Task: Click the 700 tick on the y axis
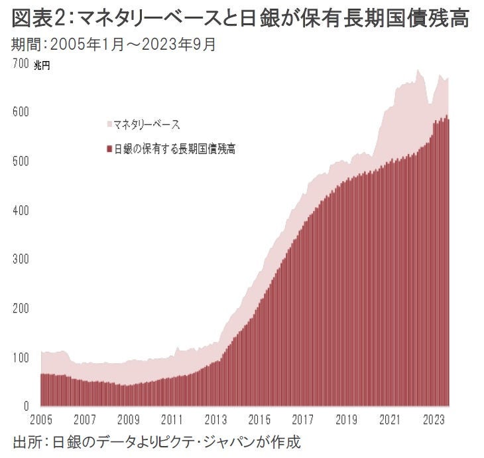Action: coord(21,64)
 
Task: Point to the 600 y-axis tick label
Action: coord(21,113)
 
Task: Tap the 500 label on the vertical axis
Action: coord(21,162)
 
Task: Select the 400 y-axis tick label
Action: coord(21,211)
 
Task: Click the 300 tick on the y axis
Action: coord(21,260)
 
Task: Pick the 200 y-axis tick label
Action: coord(21,309)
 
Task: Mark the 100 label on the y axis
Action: coord(21,358)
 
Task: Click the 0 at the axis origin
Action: coord(27,406)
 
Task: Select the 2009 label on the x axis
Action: coord(129,420)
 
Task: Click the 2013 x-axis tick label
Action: coord(215,420)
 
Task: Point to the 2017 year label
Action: coord(302,420)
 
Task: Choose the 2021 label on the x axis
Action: coord(389,420)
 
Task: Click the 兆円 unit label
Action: coord(41,65)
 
